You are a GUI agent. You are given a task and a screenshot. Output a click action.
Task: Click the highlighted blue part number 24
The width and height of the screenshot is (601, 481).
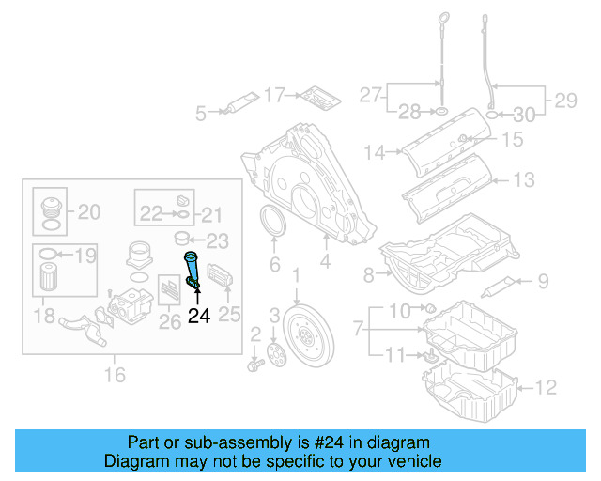click(193, 270)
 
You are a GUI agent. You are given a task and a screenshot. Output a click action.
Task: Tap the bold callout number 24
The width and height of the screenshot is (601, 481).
click(199, 316)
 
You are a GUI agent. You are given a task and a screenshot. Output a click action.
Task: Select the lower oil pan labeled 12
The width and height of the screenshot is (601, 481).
click(470, 395)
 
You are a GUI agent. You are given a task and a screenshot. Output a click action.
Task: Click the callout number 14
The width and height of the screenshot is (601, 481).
click(376, 150)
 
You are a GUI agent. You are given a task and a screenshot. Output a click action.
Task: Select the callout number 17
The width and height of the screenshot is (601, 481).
click(274, 94)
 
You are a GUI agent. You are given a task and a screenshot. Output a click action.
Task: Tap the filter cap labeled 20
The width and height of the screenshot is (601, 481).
click(48, 210)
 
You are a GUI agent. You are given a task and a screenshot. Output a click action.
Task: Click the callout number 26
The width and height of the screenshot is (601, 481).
click(170, 322)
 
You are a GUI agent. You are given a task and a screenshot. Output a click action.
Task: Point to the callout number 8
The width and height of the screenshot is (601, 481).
click(368, 274)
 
